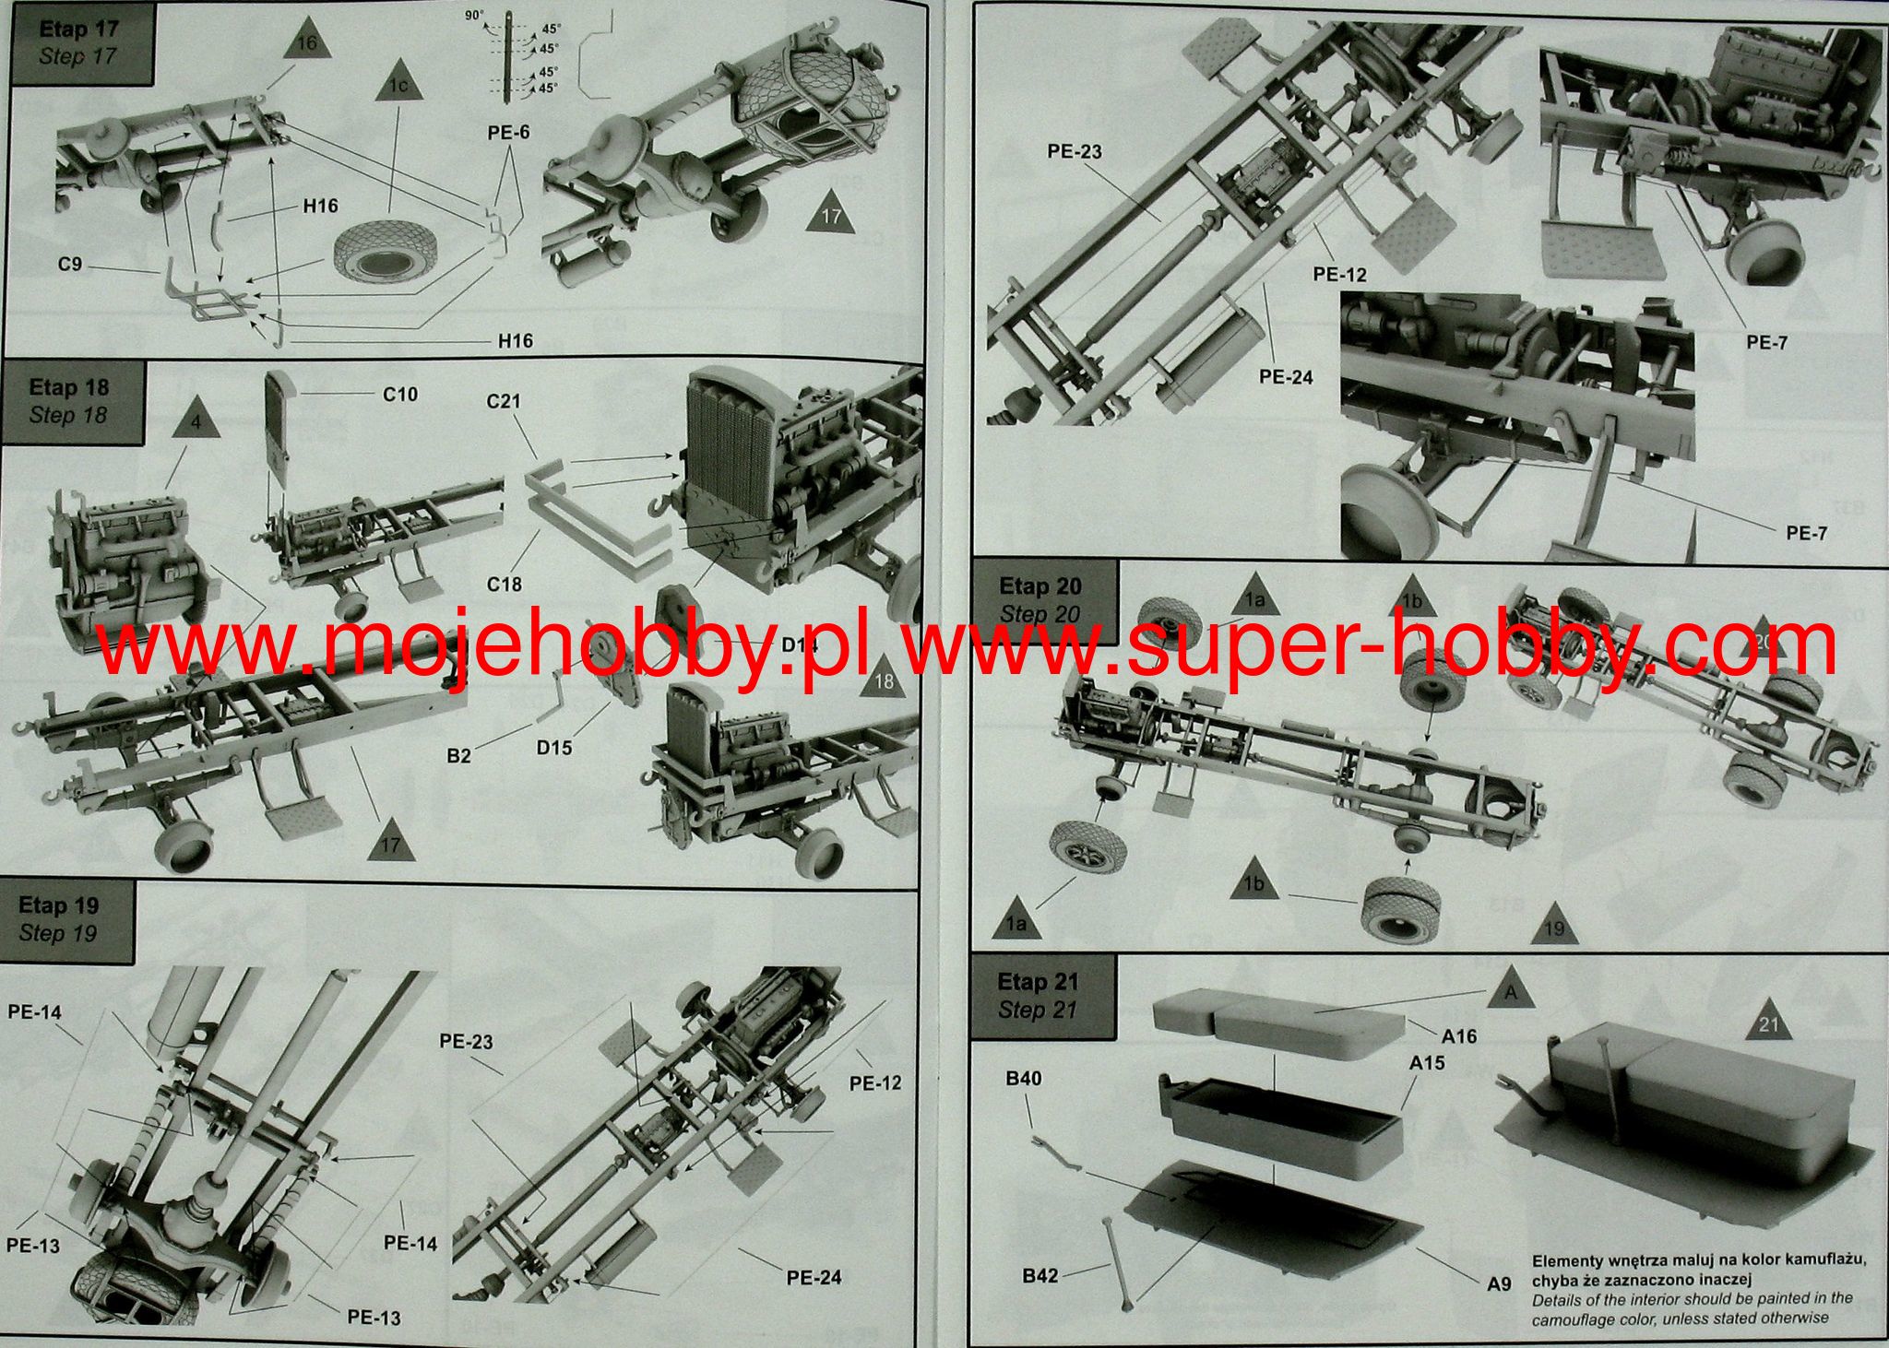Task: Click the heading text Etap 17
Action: [x=79, y=30]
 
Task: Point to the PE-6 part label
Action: [x=508, y=133]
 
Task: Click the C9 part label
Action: [x=70, y=265]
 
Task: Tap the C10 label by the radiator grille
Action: [x=400, y=395]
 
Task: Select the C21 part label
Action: [x=504, y=401]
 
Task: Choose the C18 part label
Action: [x=505, y=584]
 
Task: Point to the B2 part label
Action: [x=459, y=756]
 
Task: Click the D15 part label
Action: [x=554, y=748]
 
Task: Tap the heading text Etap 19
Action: [x=58, y=905]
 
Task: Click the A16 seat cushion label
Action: [x=1459, y=1036]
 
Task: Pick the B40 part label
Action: [x=1024, y=1079]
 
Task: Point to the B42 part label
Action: [x=1040, y=1276]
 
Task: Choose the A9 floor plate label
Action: [x=1499, y=1283]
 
